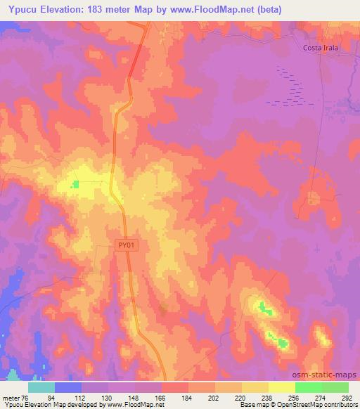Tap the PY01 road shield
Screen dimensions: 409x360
[127, 245]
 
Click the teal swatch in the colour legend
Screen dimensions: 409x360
[41, 387]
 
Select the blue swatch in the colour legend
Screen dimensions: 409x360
[68, 387]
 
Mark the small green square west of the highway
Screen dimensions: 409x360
[75, 185]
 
